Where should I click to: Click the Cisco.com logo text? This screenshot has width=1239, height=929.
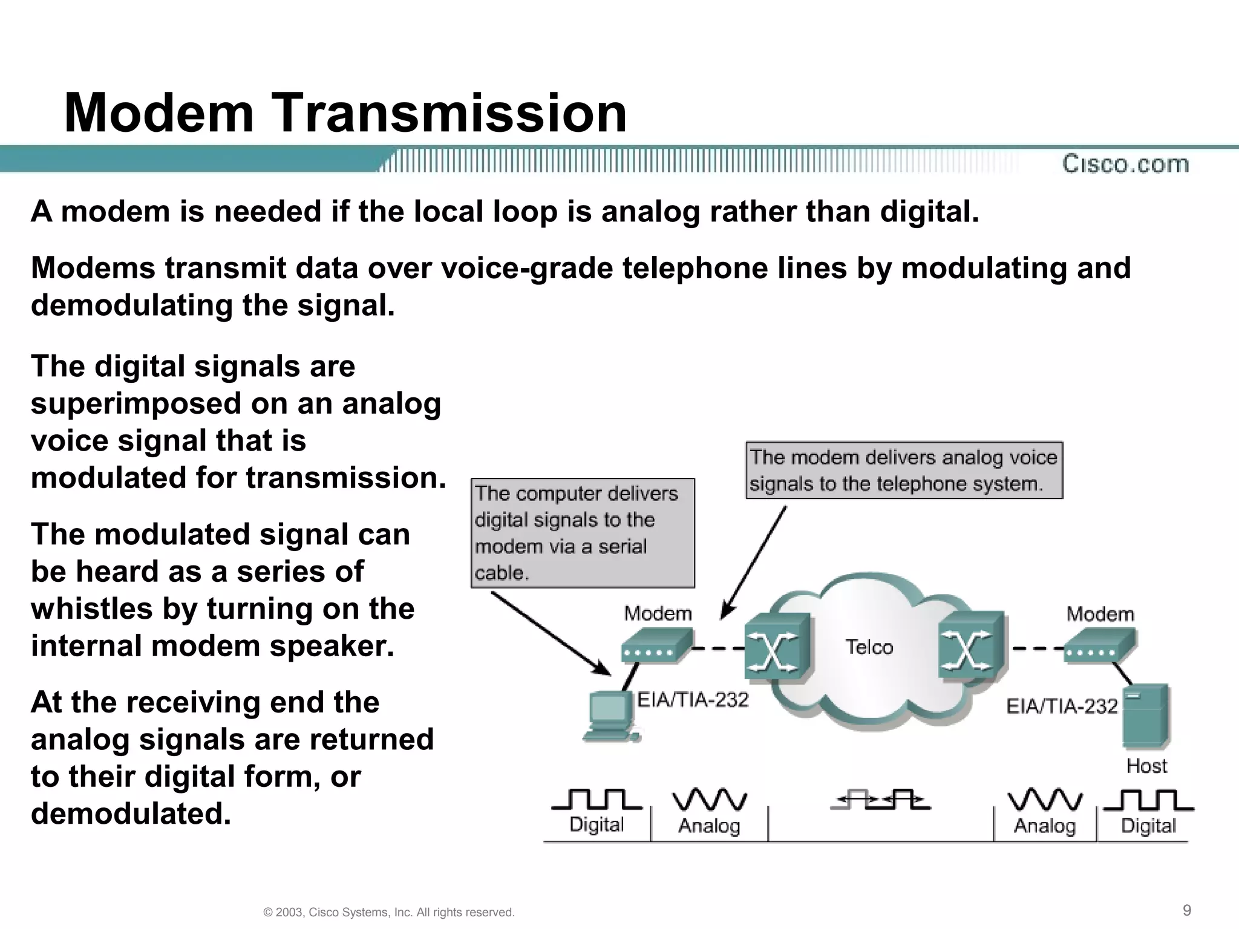1125,164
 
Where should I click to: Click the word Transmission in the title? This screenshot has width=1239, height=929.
451,113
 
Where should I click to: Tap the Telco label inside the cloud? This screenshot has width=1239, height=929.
869,647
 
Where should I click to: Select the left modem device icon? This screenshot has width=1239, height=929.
656,646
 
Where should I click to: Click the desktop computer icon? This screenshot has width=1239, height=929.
610,717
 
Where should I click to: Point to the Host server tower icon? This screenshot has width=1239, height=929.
1145,716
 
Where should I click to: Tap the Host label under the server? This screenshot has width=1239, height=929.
1146,766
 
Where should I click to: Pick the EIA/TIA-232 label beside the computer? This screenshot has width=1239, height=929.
693,700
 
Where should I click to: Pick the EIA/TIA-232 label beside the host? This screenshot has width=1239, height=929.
1061,706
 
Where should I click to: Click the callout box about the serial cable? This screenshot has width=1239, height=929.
582,533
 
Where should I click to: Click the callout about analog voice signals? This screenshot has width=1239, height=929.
904,470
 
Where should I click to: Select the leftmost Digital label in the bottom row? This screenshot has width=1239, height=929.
597,824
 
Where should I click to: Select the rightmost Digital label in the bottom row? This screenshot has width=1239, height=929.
1148,826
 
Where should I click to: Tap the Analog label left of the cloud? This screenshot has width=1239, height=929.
709,826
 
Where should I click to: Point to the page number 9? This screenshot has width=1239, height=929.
1186,910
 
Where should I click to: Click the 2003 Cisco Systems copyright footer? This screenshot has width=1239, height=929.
389,912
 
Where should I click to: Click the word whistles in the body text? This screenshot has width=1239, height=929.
92,608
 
